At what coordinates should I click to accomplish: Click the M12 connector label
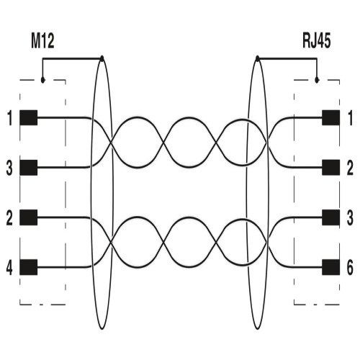coord(42,41)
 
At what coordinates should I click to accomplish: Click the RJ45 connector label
coord(316,41)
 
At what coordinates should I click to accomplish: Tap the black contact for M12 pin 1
coord(28,117)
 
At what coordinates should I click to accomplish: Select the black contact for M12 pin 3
coord(28,168)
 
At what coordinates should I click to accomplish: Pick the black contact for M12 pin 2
coord(28,217)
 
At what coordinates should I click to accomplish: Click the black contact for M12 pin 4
coord(28,267)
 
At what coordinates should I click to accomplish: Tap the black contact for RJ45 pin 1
coord(330,117)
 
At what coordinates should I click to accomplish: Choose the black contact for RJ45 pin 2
coord(330,168)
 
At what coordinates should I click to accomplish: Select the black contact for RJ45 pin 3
coord(330,217)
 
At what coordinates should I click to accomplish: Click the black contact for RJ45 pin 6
coord(330,267)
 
